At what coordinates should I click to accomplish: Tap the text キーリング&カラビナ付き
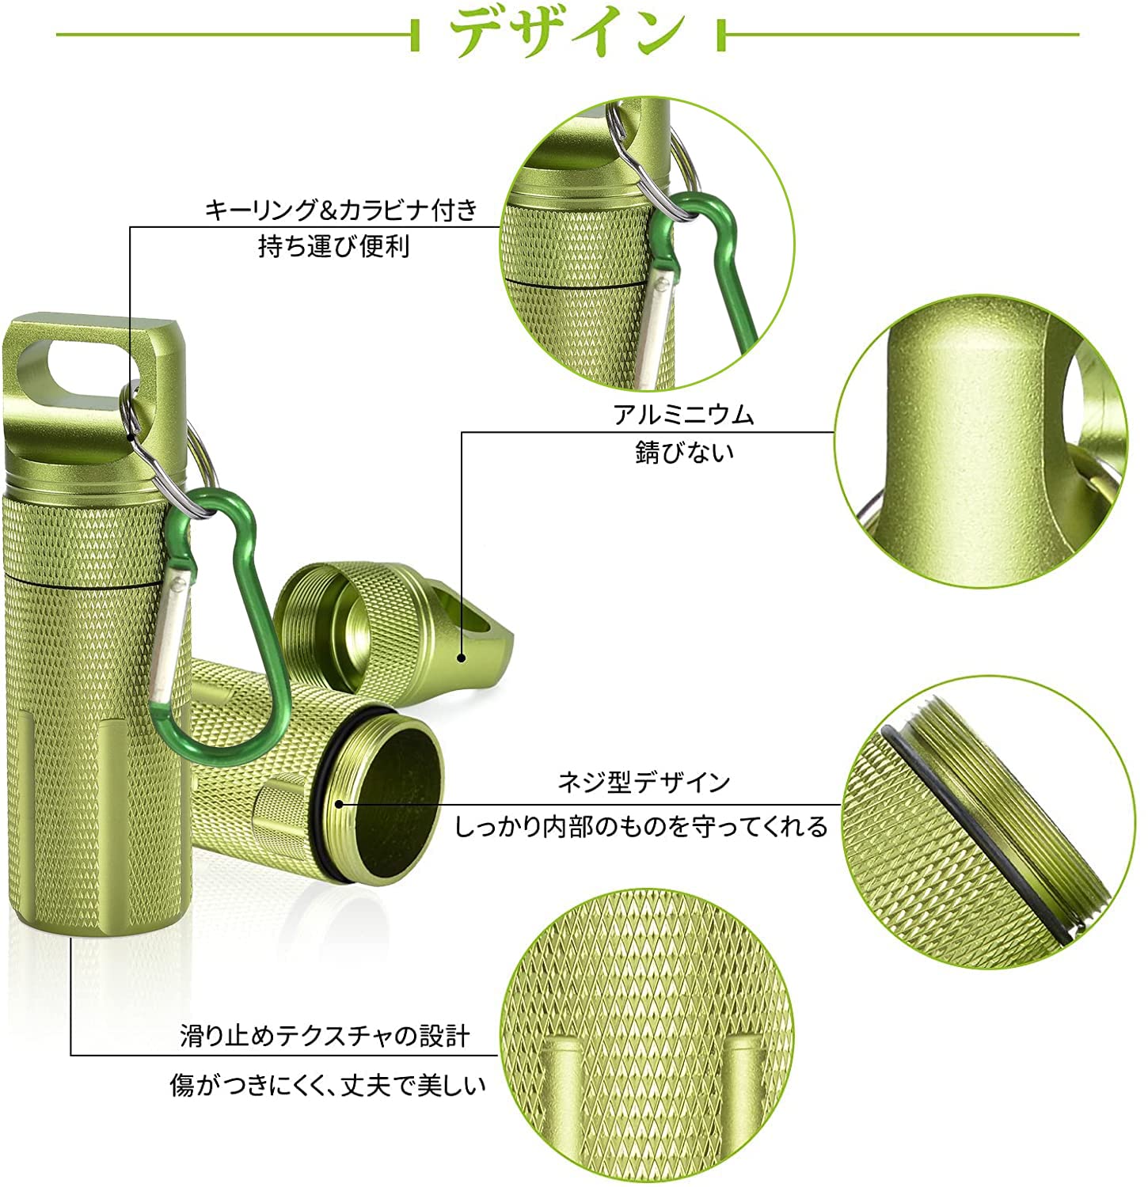pyautogui.click(x=342, y=210)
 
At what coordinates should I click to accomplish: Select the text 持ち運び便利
pyautogui.click(x=333, y=247)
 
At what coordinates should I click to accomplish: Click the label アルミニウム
pyautogui.click(x=684, y=415)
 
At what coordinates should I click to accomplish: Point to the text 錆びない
pyautogui.click(x=684, y=452)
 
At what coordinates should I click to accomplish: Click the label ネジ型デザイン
pyautogui.click(x=644, y=783)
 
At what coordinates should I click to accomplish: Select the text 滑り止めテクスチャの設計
pyautogui.click(x=325, y=1036)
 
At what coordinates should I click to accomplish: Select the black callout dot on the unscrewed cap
pyautogui.click(x=462, y=656)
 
